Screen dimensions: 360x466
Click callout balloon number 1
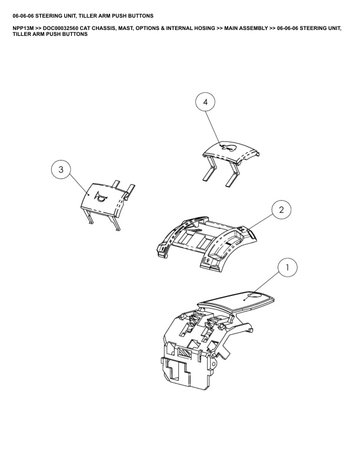coord(287,268)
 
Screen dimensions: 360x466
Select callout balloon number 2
coord(281,210)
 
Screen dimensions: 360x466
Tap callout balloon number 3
coord(61,169)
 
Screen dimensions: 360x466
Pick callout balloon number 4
coord(205,102)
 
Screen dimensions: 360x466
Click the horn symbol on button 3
coord(99,197)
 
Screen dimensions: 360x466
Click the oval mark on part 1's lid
coord(254,295)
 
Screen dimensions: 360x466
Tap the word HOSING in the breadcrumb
coord(204,28)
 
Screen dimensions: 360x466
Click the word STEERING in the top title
coord(47,15)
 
